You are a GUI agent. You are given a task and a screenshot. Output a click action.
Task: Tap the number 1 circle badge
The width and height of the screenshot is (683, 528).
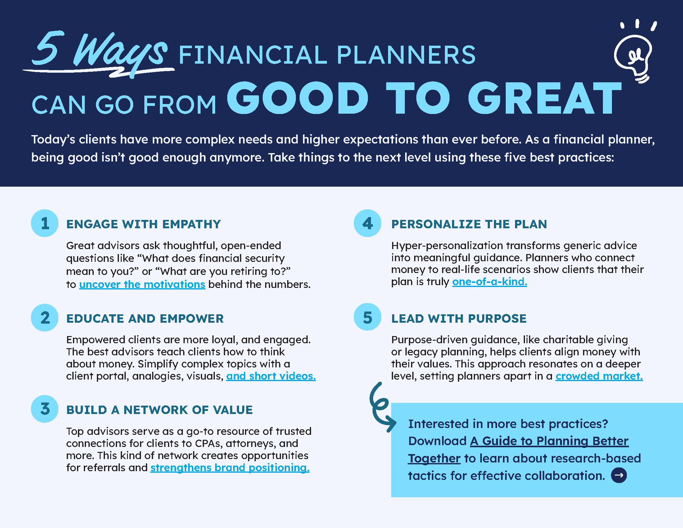tap(45, 223)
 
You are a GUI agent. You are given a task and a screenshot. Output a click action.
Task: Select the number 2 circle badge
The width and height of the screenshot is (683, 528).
tap(45, 317)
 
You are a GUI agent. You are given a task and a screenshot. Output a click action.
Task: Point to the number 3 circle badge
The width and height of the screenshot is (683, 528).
tap(45, 409)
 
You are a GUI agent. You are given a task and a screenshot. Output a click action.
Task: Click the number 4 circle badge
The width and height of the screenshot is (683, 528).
tap(368, 223)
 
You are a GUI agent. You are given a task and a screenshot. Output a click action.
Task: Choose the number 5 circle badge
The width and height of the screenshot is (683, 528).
tap(368, 317)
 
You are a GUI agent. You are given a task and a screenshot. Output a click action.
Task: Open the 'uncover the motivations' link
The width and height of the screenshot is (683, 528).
tap(142, 284)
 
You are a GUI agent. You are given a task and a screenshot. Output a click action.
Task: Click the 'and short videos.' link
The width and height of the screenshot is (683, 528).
tap(271, 376)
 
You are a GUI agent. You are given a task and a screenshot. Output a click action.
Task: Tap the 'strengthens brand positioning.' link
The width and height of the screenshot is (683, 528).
tap(230, 468)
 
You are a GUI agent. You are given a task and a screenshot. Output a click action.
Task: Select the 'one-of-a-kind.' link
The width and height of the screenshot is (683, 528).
tap(489, 281)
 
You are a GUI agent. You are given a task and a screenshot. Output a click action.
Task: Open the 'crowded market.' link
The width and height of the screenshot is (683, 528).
tap(599, 376)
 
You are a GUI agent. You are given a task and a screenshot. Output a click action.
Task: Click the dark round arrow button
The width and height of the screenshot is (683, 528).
tap(619, 475)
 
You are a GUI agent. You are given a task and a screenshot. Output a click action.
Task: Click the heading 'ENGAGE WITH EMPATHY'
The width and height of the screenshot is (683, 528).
tap(143, 224)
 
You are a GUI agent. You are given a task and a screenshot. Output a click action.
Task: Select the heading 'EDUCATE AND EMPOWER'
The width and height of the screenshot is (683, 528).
tap(145, 319)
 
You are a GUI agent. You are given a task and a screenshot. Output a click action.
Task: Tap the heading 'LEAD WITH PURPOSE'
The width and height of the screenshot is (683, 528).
tap(459, 319)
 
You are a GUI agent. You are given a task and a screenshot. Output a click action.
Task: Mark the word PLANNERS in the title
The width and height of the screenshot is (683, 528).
tap(406, 55)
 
